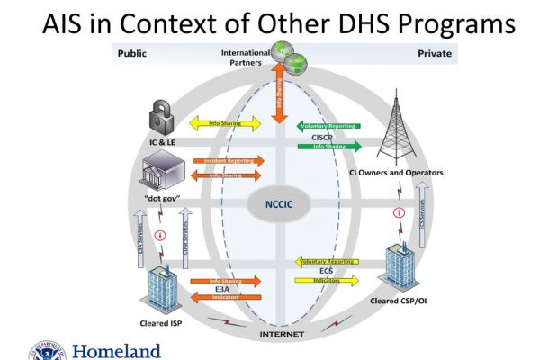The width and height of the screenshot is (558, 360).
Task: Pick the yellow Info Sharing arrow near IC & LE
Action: tap(224, 122)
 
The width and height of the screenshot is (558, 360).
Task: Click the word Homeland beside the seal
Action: tap(117, 350)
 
